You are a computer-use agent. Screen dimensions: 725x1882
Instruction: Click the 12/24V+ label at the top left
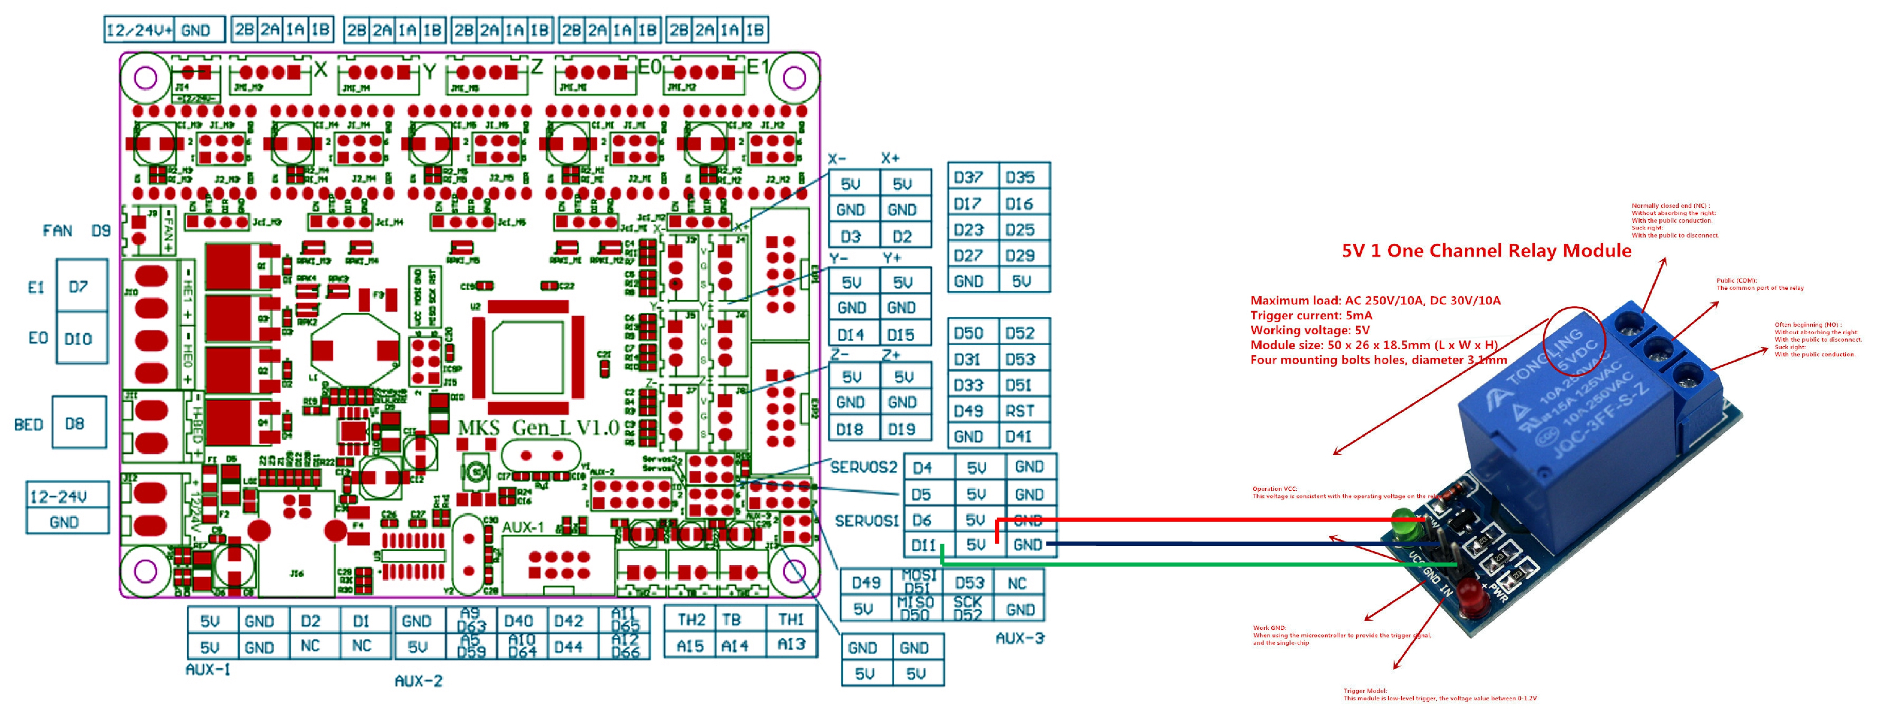[139, 30]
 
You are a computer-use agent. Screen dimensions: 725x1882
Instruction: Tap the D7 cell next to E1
[79, 287]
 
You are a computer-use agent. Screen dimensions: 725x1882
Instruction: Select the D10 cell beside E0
[78, 339]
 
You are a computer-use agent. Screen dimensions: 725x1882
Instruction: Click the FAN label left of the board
[58, 231]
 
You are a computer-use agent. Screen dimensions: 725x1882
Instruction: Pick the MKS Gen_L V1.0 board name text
[539, 427]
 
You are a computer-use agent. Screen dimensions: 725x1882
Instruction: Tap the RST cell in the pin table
[1020, 411]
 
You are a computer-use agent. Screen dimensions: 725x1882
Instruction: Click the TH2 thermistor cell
[690, 620]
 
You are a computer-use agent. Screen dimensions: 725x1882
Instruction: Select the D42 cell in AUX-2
[569, 621]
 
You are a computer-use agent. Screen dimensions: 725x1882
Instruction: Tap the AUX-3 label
[1020, 638]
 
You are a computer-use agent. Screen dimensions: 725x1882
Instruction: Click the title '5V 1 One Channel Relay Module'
[1486, 250]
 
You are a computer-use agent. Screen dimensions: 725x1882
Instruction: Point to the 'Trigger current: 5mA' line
[1311, 315]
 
